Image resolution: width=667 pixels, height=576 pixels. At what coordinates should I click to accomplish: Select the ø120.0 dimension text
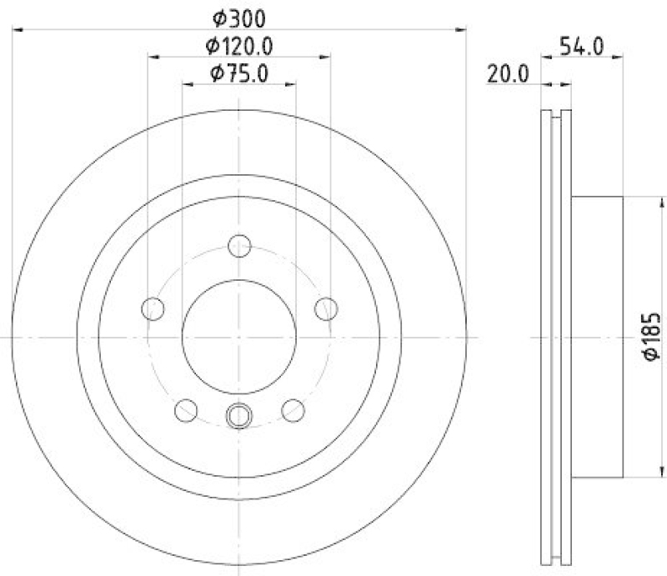pyautogui.click(x=240, y=45)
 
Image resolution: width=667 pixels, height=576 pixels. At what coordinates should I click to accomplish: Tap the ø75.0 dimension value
pyautogui.click(x=239, y=73)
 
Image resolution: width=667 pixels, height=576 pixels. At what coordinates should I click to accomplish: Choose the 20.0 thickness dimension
pyautogui.click(x=508, y=73)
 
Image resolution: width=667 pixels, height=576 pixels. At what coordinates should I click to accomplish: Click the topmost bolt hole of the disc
pyautogui.click(x=239, y=246)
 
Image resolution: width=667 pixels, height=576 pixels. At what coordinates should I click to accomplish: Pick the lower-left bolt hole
pyautogui.click(x=186, y=409)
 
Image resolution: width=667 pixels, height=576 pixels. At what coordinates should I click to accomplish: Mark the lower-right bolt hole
pyautogui.click(x=293, y=409)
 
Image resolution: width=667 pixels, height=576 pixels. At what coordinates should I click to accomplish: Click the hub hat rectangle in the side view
pyautogui.click(x=598, y=337)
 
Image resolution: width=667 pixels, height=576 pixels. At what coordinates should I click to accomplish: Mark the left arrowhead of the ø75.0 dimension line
pyautogui.click(x=187, y=83)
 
